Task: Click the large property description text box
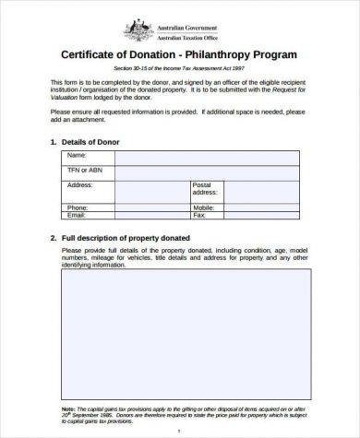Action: [180, 332]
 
